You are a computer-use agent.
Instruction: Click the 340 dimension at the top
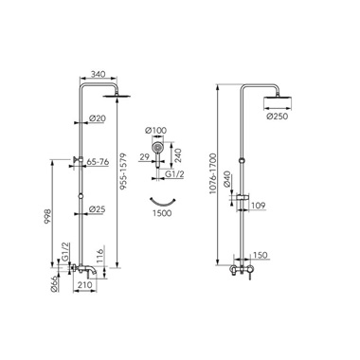pyautogui.click(x=98, y=75)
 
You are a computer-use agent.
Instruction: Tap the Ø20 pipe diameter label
pyautogui.click(x=98, y=118)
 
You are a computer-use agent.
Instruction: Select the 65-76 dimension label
pyautogui.click(x=98, y=162)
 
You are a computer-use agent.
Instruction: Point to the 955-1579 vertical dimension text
pyautogui.click(x=123, y=171)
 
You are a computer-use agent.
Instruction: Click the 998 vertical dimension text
pyautogui.click(x=46, y=216)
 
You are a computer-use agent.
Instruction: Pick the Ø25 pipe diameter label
pyautogui.click(x=97, y=209)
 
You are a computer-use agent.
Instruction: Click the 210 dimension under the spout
pyautogui.click(x=84, y=285)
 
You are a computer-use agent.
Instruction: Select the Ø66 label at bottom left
pyautogui.click(x=54, y=283)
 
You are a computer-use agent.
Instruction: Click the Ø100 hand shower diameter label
pyautogui.click(x=155, y=130)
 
